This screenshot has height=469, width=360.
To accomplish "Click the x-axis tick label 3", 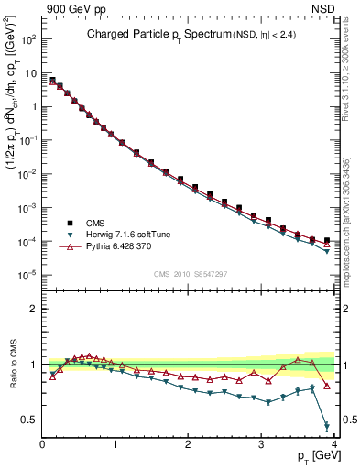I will tap(261, 444).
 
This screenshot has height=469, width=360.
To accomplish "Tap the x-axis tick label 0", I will tap(42, 444).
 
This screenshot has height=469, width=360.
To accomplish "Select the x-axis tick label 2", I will tap(188, 444).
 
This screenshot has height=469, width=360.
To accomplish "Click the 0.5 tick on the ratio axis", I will tap(27, 420).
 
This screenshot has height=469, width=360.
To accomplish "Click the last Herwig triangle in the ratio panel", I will tap(327, 426).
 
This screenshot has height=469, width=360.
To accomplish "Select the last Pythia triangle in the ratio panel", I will tap(327, 386).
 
